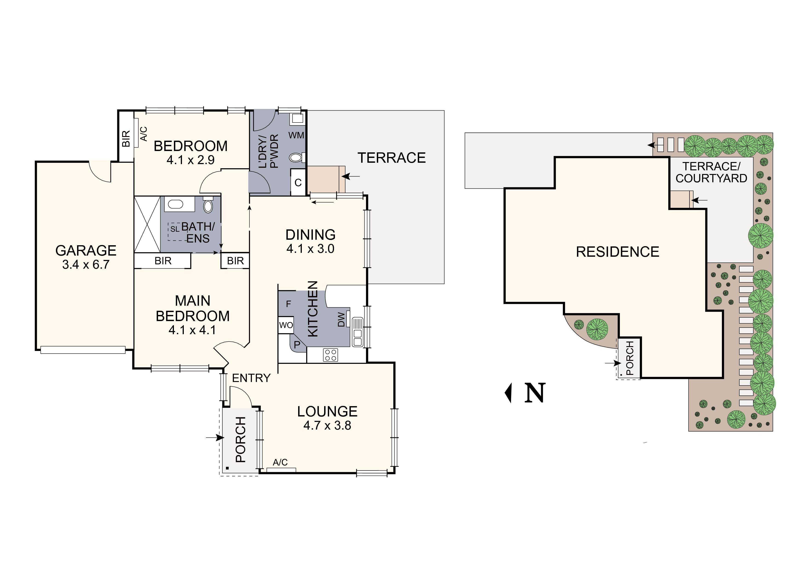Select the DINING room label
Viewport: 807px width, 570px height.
click(x=310, y=235)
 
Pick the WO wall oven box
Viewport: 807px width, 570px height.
click(x=286, y=325)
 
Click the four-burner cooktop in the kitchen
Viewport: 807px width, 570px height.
click(x=330, y=355)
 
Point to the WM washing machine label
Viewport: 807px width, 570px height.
click(x=296, y=135)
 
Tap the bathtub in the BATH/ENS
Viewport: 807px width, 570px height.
click(x=174, y=204)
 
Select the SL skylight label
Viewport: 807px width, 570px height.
click(x=175, y=229)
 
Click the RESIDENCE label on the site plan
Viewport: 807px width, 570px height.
click(x=617, y=252)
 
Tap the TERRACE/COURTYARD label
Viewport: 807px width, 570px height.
click(x=711, y=172)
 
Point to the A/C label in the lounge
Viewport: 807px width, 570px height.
click(x=280, y=462)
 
